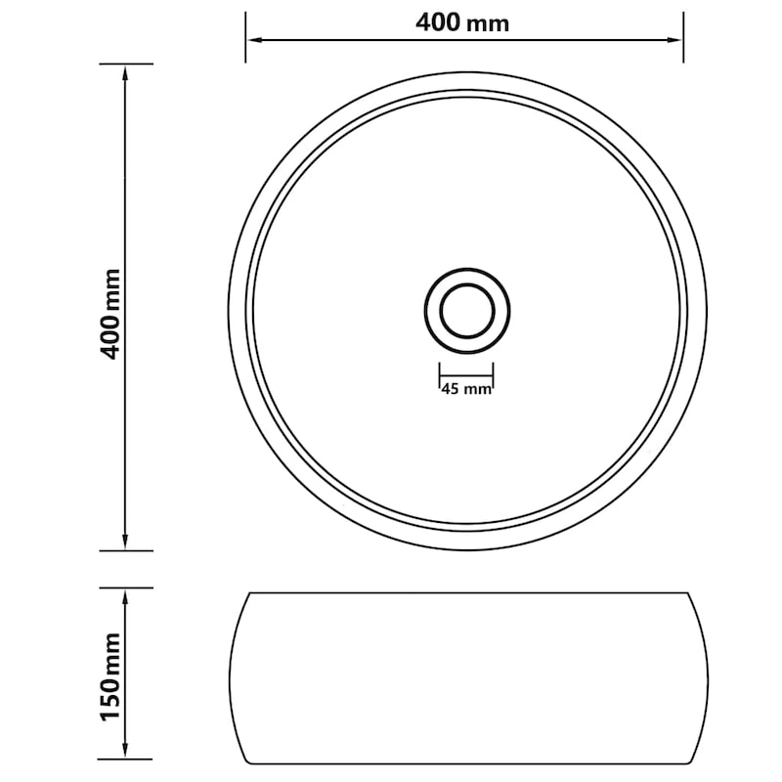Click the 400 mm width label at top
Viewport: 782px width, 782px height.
pos(462,22)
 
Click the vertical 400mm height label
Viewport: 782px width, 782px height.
pos(111,314)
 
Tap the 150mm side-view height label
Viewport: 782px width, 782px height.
pos(111,676)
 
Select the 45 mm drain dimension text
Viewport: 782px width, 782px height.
pos(466,389)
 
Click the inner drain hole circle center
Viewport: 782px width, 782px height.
pos(467,311)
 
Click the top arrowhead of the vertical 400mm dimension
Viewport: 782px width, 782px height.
pos(125,72)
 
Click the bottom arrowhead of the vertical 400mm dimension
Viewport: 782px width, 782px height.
pos(125,543)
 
